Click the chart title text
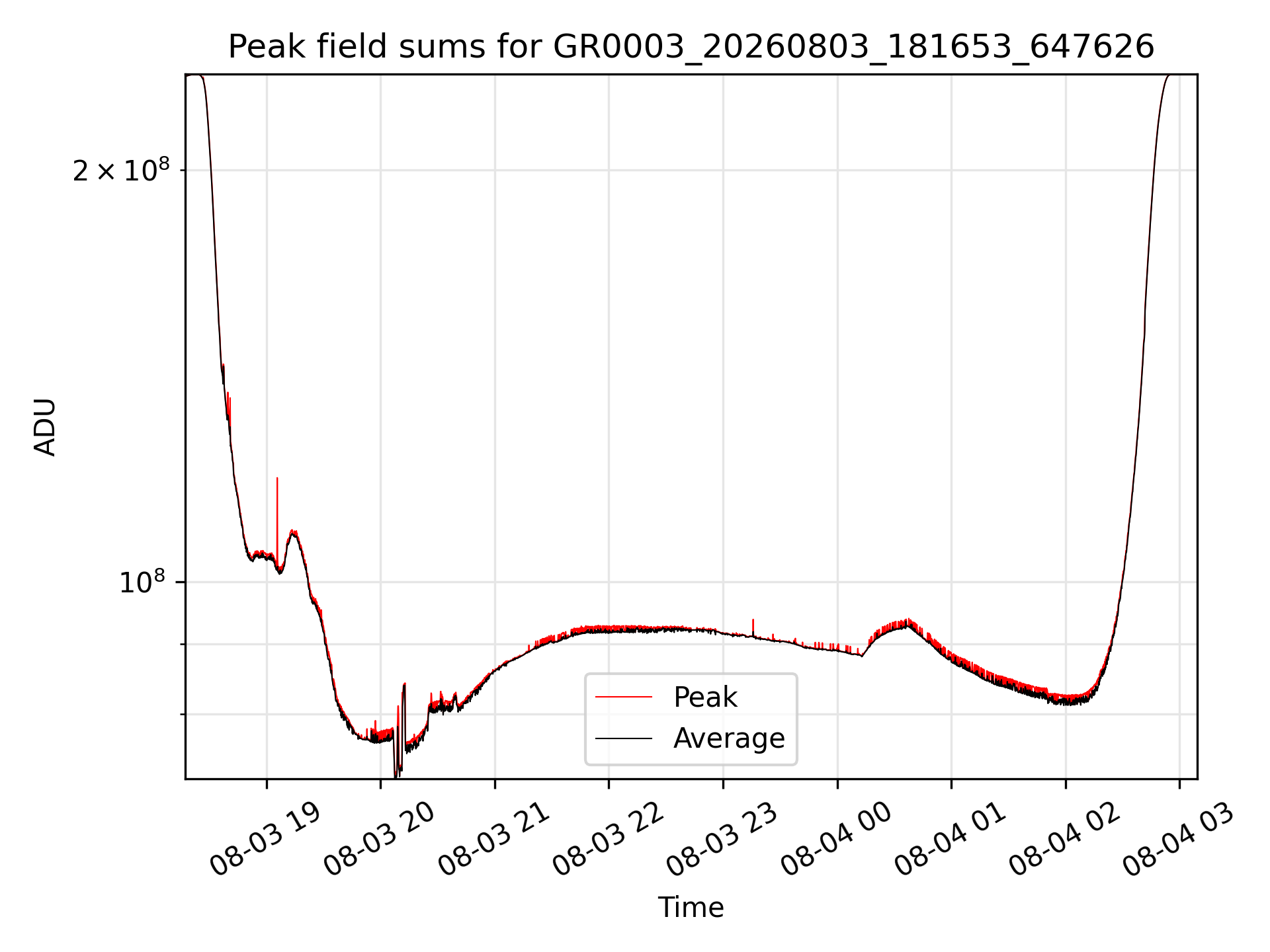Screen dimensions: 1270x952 point(691,47)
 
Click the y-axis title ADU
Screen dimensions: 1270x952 point(45,427)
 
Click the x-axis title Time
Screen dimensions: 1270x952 point(691,908)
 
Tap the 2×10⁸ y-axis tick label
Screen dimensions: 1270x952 point(121,171)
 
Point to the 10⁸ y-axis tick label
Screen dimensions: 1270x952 point(142,582)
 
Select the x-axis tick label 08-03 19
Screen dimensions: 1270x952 point(265,840)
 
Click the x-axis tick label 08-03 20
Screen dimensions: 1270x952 point(379,840)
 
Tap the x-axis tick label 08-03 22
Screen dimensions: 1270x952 point(608,840)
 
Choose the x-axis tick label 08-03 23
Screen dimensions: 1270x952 point(722,840)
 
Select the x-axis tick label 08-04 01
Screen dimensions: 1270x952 point(951,840)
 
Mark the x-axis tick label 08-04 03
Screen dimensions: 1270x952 point(1179,840)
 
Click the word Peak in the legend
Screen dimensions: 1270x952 point(705,697)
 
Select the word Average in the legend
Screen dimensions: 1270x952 point(729,738)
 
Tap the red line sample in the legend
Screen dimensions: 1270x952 point(624,697)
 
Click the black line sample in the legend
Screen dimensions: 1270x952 point(624,738)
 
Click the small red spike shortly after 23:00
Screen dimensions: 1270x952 point(753,627)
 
